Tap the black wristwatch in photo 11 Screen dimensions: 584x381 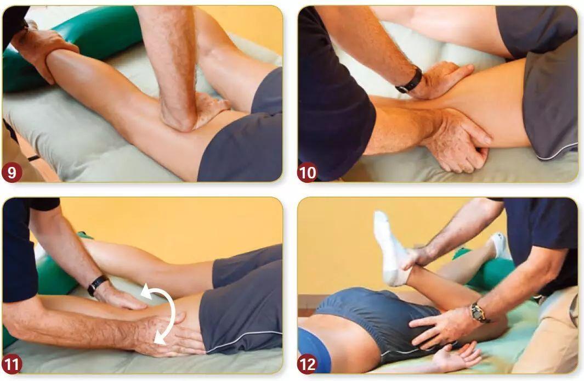pos(98,285)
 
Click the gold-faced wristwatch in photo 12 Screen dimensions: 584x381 pos(478,313)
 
